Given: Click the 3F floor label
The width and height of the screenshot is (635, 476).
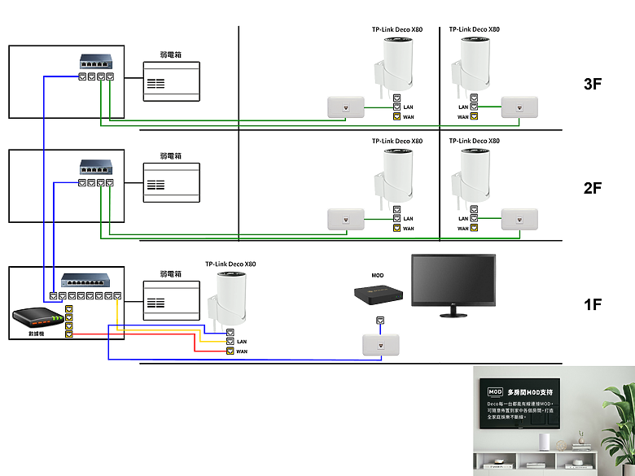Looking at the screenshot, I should click(x=593, y=84).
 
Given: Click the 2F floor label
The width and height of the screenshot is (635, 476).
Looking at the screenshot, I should click(x=593, y=188).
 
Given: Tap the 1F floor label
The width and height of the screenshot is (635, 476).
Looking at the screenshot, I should click(x=593, y=304).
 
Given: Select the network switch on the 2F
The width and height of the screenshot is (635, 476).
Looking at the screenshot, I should click(x=96, y=168).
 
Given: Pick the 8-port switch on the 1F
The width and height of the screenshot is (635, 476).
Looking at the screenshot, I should click(x=90, y=281).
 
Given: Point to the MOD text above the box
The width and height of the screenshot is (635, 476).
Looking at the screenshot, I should click(x=378, y=276).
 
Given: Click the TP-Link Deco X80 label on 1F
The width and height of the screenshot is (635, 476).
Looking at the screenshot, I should click(x=230, y=264).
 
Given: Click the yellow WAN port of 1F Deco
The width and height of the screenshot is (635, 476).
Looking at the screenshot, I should click(x=230, y=352).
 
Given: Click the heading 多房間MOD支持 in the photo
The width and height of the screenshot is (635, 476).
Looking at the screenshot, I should click(x=529, y=391).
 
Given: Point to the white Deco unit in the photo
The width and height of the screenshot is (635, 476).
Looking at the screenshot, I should click(x=545, y=441).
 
